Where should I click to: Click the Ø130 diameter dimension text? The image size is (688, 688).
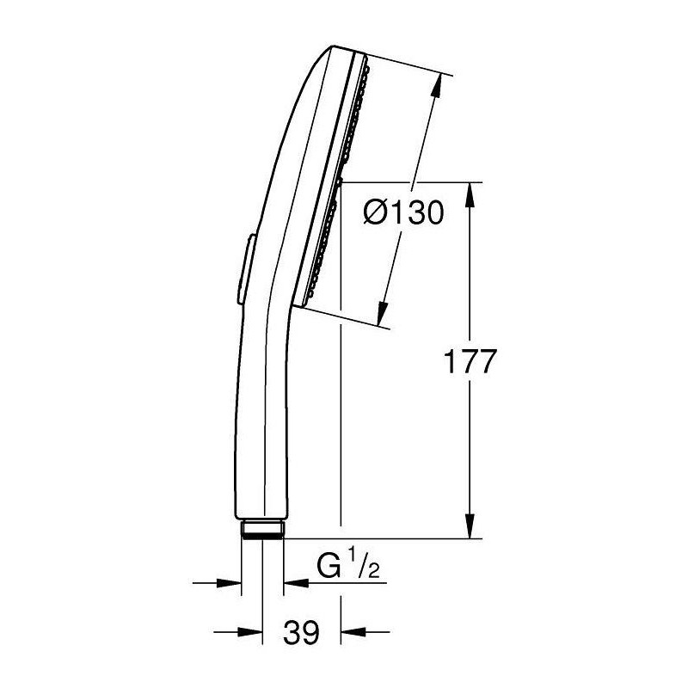tap(403, 212)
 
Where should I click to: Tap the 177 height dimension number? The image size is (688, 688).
tap(470, 361)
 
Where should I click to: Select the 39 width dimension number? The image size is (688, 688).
tap(302, 632)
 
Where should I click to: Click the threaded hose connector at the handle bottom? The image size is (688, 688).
tap(262, 529)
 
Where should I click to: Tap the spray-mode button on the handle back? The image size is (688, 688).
tap(246, 268)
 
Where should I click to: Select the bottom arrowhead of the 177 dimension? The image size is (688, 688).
tap(470, 525)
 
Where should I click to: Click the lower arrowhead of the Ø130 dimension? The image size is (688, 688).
tap(383, 313)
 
